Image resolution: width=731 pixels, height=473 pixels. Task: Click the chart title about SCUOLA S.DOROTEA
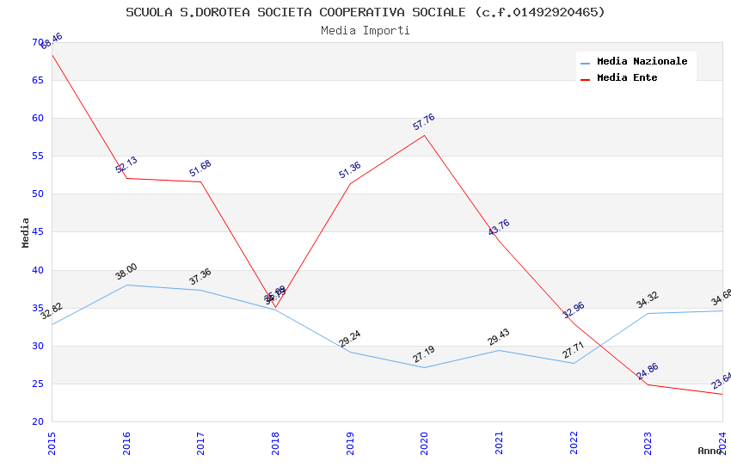point(365,12)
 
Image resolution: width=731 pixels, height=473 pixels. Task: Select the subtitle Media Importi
point(365,30)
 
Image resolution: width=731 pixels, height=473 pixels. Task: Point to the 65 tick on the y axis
point(38,80)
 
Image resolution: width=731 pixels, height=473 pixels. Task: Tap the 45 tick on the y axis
point(38,232)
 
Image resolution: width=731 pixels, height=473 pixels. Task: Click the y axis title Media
point(26,232)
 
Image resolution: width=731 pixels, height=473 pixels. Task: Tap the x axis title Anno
point(709,451)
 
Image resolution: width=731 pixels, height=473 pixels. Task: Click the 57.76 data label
point(424,122)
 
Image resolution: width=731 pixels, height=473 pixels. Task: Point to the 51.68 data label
point(200,169)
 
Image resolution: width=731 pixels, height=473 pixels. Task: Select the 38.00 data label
point(126,272)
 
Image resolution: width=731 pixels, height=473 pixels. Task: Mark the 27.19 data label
point(424,354)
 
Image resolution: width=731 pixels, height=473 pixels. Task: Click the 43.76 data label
point(499,228)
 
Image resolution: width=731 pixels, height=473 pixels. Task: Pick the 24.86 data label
point(648,372)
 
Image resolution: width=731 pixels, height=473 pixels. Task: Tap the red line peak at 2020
point(424,135)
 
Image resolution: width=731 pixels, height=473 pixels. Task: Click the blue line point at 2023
point(648,313)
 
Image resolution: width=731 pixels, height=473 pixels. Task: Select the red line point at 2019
point(350,183)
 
